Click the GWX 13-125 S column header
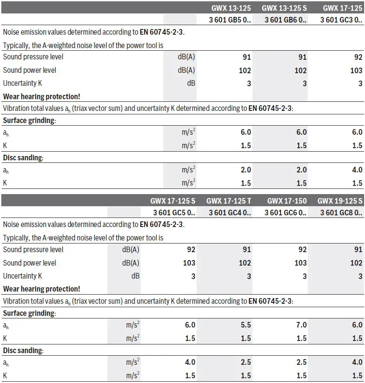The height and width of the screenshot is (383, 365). coord(284,8)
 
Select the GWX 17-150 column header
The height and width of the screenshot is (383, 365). coord(287,201)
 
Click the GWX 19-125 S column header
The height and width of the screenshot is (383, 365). coord(340,201)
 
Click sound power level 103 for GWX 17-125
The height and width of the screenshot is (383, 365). coord(356,70)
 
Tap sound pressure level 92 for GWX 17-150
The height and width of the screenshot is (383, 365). coord(302,250)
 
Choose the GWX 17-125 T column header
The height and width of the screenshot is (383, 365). coord(229,201)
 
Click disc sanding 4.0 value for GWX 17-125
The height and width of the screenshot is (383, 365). coord(357,170)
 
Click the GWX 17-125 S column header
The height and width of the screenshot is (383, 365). coord(173,201)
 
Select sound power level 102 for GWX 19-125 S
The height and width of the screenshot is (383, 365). coord(356,263)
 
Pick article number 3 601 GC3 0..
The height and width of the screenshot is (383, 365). coord(341,20)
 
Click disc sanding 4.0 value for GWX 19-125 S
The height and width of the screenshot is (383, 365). coord(357,362)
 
